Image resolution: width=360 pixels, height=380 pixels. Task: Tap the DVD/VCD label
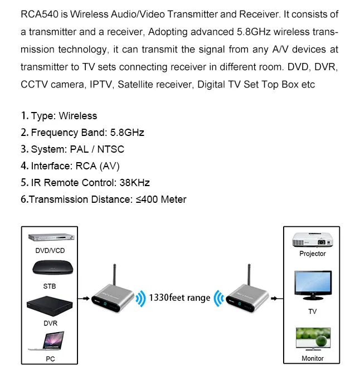(x=50, y=251)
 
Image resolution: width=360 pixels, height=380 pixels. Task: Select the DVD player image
(x=50, y=237)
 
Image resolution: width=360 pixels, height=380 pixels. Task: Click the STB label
(x=50, y=286)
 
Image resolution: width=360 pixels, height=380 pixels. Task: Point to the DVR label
(x=50, y=323)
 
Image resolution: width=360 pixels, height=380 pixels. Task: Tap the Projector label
(x=312, y=254)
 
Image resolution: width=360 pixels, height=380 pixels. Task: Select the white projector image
(x=312, y=239)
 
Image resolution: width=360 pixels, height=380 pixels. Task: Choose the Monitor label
(x=312, y=358)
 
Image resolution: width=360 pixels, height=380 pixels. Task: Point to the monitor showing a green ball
(x=312, y=339)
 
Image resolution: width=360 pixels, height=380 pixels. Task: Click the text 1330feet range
(x=179, y=298)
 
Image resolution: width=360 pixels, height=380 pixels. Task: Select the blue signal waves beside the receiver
(x=219, y=298)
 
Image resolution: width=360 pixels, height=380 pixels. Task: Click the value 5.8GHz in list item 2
(x=126, y=133)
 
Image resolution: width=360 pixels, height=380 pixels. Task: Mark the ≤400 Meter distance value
(x=161, y=199)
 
